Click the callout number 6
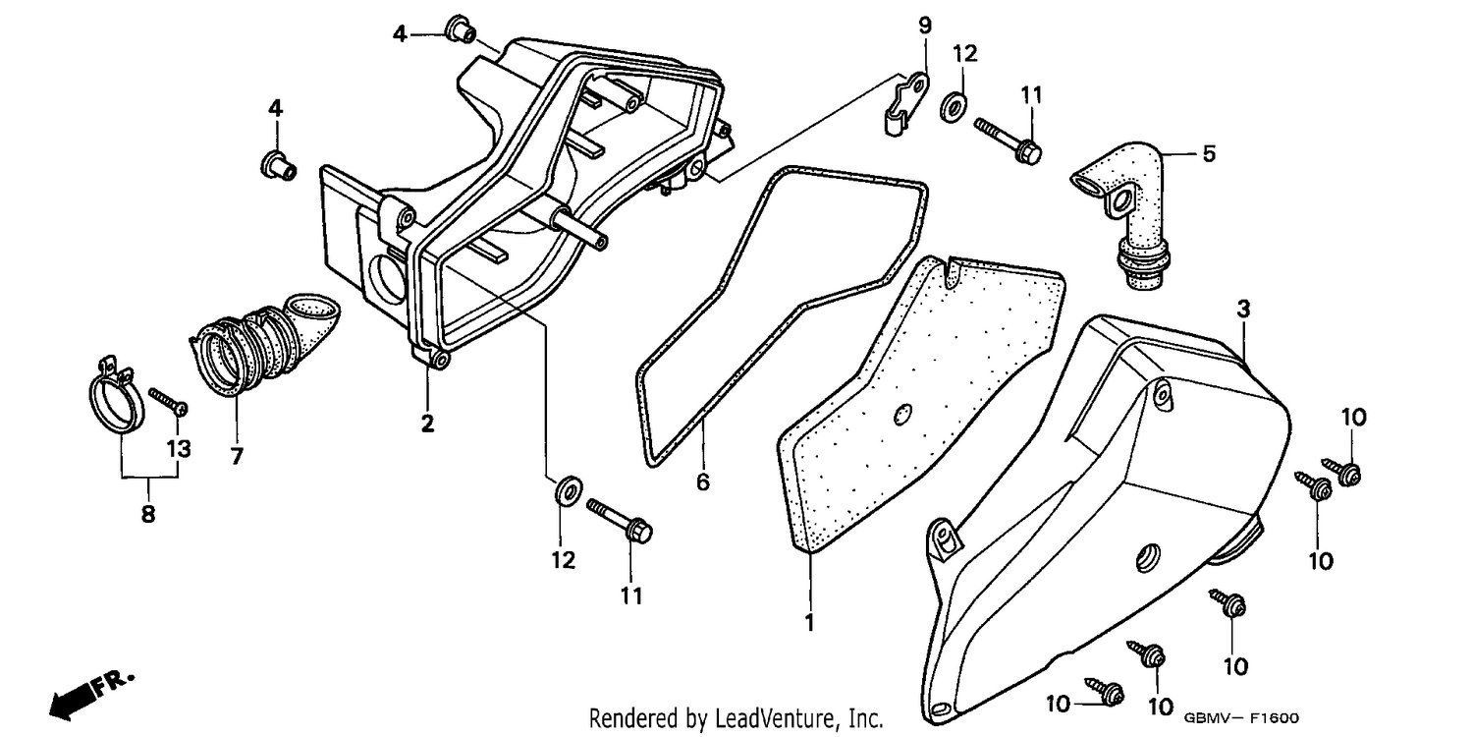[703, 482]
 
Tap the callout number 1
[809, 622]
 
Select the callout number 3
[1243, 309]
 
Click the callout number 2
[427, 424]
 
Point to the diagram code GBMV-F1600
[1241, 718]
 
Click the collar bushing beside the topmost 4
[460, 28]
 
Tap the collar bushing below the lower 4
[279, 164]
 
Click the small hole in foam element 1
[902, 414]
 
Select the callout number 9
[925, 26]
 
